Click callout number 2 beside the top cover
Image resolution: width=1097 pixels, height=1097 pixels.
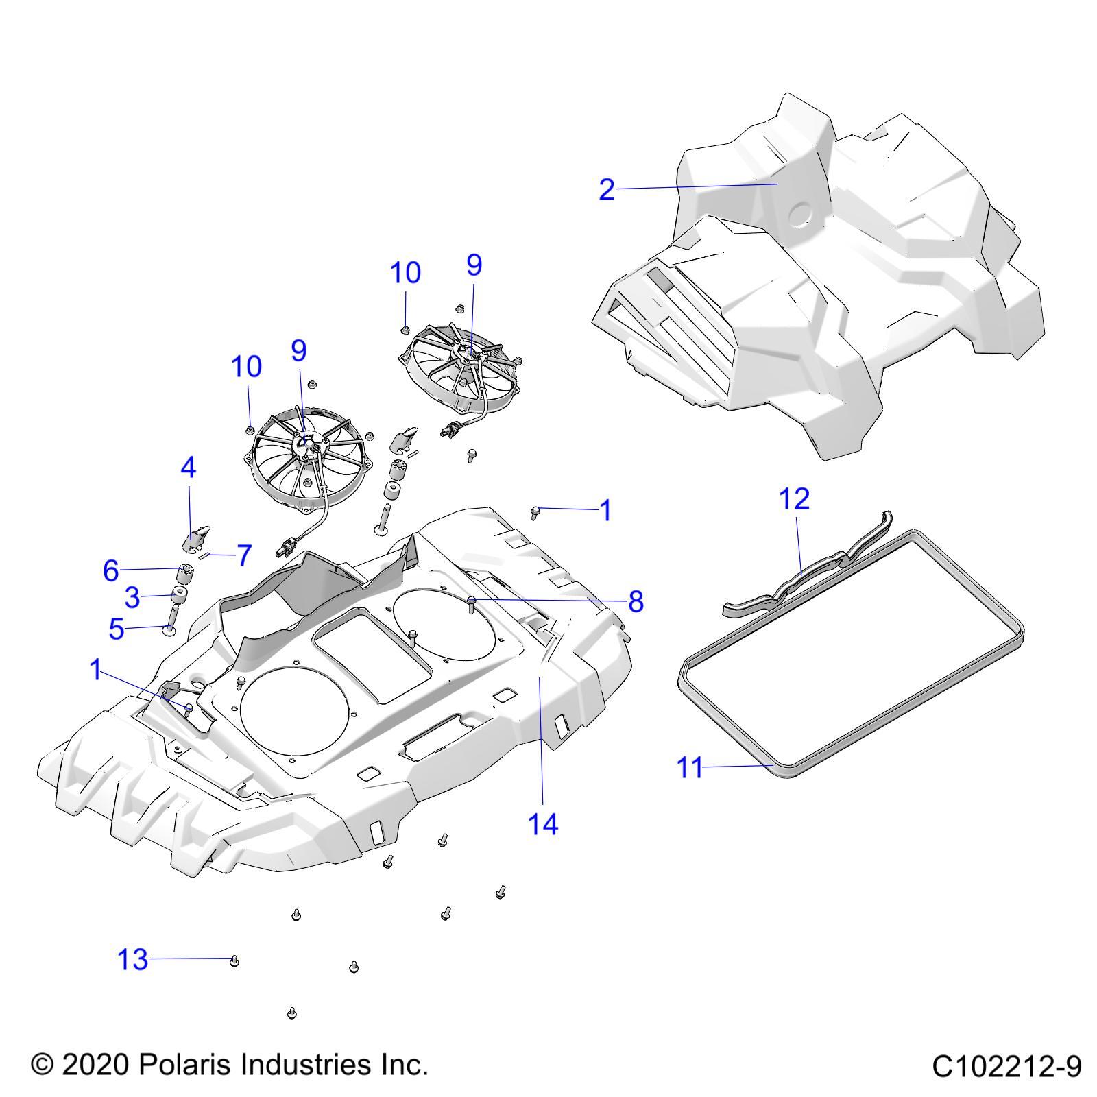click(606, 190)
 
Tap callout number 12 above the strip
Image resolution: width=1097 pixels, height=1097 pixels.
click(795, 498)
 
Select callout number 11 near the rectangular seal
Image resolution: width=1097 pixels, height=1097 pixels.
click(690, 767)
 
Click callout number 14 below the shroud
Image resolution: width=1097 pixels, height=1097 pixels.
click(543, 823)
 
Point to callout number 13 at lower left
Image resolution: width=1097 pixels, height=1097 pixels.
click(133, 959)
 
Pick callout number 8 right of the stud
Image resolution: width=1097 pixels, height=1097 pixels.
click(636, 601)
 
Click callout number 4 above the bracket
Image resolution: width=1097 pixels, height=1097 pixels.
click(188, 468)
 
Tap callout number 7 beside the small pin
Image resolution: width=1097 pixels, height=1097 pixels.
click(244, 555)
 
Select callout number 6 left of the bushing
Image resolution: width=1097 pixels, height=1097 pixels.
click(111, 570)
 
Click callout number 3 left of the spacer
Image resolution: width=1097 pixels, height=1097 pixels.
click(132, 597)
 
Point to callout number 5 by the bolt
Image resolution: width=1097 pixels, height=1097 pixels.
click(117, 628)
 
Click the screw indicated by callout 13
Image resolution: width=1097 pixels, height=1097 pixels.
click(234, 961)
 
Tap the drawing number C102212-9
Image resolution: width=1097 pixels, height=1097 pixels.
click(1006, 1066)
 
